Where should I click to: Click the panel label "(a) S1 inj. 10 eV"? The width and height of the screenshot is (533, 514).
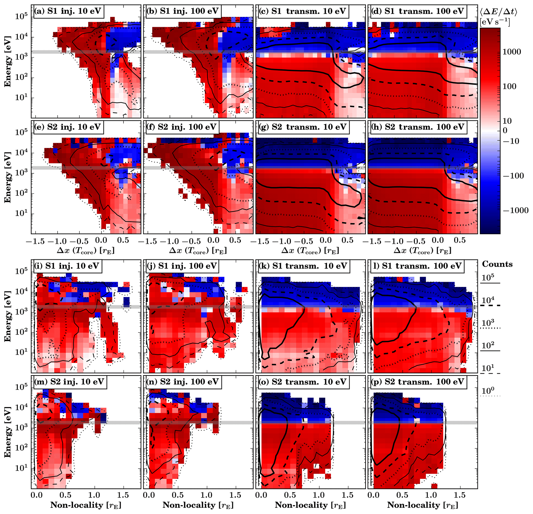pos(68,11)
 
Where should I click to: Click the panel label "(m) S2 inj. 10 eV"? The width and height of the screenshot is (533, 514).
pos(69,382)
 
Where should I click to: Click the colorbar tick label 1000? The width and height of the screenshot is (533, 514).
pos(511,52)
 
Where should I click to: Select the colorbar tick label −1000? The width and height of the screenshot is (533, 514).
pos(515,210)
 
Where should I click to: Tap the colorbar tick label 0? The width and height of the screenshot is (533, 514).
pos(505,131)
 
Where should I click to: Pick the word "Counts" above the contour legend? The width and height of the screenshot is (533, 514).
pos(497,264)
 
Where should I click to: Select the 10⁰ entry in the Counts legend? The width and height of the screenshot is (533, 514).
pos(488,391)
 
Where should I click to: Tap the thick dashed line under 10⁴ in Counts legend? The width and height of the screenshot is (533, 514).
pos(490,305)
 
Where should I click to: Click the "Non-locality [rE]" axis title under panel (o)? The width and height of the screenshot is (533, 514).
pos(310,505)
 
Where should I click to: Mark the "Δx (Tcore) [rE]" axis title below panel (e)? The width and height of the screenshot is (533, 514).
pos(86,251)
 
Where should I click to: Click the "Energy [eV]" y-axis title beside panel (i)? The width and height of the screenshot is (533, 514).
pos(8,316)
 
